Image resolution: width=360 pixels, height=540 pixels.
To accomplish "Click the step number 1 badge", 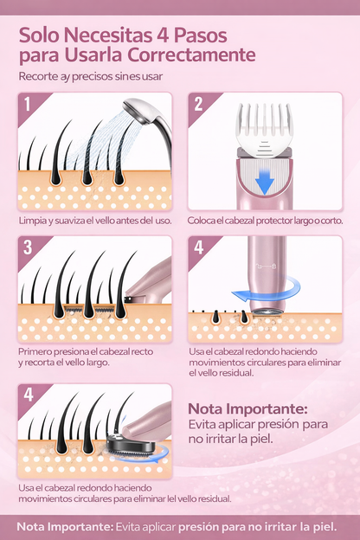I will click(28, 106).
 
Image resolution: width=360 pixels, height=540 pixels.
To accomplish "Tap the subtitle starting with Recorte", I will click(90, 75).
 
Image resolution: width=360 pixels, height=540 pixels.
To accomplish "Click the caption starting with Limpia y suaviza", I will click(95, 220).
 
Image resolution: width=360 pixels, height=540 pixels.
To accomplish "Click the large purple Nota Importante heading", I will click(247, 408).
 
